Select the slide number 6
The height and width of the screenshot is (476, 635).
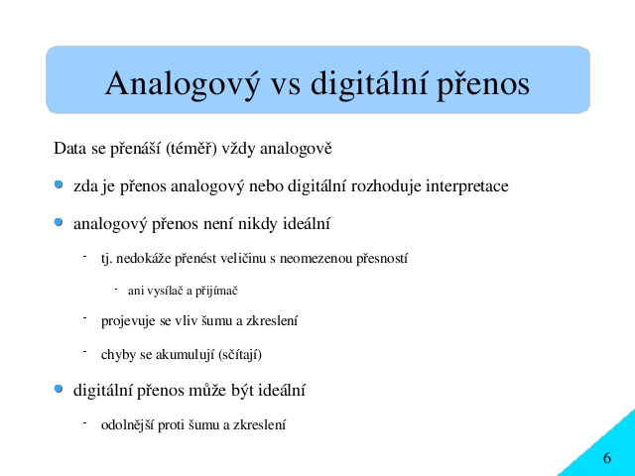tap(606, 458)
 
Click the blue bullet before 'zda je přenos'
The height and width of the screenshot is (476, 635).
tap(59, 184)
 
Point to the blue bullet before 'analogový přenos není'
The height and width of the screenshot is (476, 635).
tap(59, 222)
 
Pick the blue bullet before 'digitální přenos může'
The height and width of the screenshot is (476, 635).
tap(59, 389)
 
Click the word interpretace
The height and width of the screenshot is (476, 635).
tap(467, 186)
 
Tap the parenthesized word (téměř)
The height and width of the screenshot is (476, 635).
tap(191, 149)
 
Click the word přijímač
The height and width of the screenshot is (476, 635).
tap(216, 291)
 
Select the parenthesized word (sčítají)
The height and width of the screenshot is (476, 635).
tap(240, 355)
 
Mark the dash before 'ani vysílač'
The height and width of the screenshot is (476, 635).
tap(116, 289)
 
